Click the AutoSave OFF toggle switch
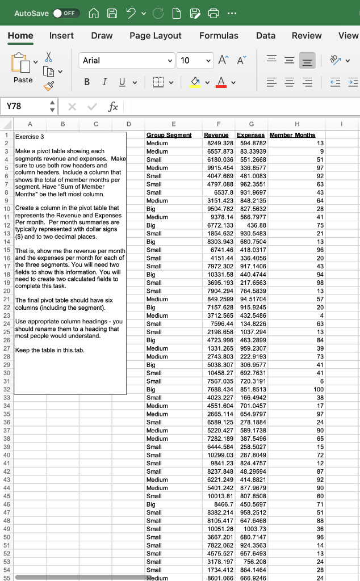66,13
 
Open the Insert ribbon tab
61,36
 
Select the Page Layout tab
155,36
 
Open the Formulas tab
219,36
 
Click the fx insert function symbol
113,106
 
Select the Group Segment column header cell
169,135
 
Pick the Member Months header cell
292,135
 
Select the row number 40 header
6,455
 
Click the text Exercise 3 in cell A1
30,137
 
